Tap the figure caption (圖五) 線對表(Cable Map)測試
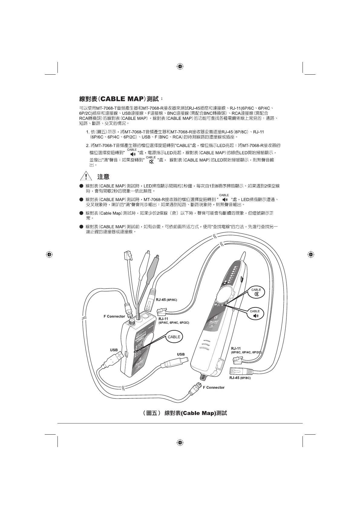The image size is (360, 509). (x=185, y=413)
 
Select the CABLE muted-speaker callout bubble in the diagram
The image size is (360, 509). (x=256, y=292)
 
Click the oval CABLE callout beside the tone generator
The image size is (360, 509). (x=174, y=337)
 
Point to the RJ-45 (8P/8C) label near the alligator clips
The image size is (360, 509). (x=166, y=300)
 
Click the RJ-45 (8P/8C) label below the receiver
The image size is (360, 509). (x=240, y=378)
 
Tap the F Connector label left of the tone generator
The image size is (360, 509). (x=114, y=316)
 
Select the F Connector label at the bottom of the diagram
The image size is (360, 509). (x=214, y=387)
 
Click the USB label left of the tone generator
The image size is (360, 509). (x=114, y=350)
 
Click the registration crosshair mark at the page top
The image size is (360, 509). (x=180, y=66)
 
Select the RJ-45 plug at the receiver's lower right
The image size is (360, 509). (x=239, y=371)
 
